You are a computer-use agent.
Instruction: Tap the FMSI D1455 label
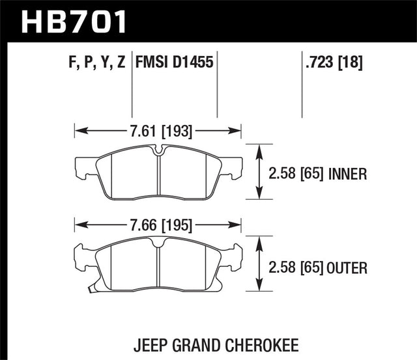pyautogui.click(x=175, y=63)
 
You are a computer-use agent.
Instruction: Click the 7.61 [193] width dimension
pyautogui.click(x=158, y=132)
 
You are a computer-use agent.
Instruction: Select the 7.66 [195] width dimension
pyautogui.click(x=158, y=226)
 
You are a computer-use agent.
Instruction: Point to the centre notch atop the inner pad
pyautogui.click(x=159, y=152)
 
